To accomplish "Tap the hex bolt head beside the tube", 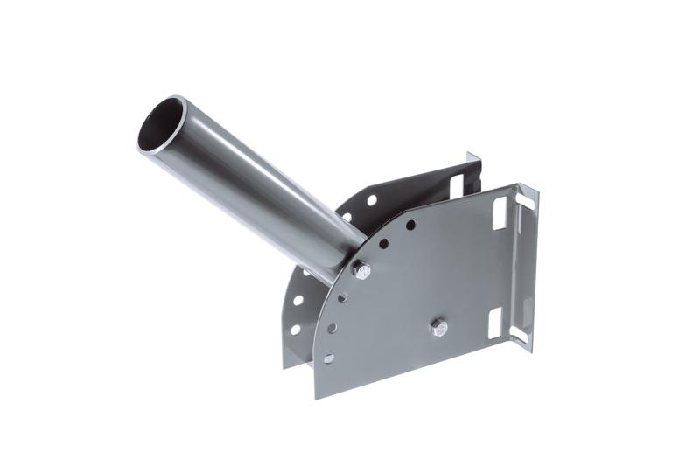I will pyautogui.click(x=360, y=271).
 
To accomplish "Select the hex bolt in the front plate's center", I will pyautogui.click(x=438, y=328).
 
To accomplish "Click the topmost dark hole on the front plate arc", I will pyautogui.click(x=410, y=225).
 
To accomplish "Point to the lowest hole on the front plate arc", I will pyautogui.click(x=328, y=358).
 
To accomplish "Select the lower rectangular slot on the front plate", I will pyautogui.click(x=494, y=323).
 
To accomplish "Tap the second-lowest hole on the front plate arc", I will pyautogui.click(x=332, y=329).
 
